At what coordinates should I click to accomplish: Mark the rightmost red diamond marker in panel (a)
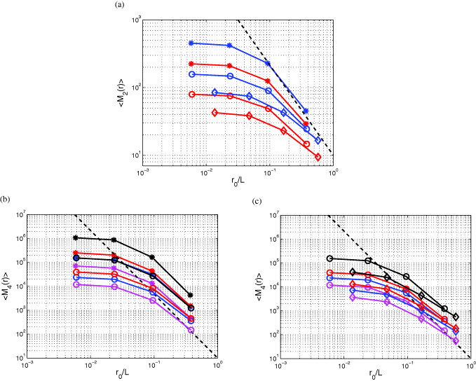coord(318,158)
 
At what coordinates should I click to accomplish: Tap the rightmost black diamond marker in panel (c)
coord(456,317)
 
